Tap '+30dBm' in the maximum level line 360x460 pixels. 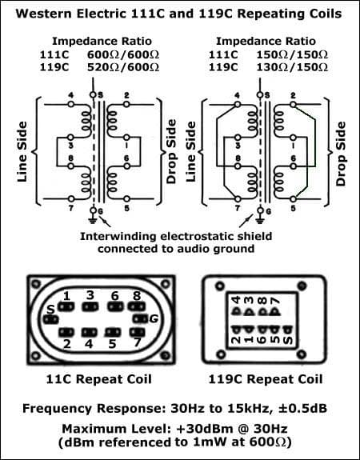click(198, 428)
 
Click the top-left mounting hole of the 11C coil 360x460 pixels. click(34, 282)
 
